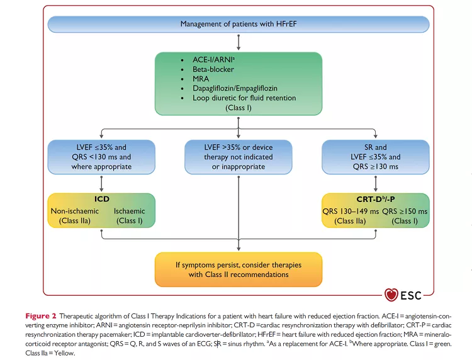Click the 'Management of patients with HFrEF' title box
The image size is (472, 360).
coord(238,25)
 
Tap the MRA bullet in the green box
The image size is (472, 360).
coord(201,79)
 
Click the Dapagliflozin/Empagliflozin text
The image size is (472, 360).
coord(234,89)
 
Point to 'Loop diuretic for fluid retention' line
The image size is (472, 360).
coord(244,98)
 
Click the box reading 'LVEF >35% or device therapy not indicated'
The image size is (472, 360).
coord(238,157)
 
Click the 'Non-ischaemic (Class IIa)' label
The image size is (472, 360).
coord(74,216)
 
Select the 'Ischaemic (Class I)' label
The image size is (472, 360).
coord(129,216)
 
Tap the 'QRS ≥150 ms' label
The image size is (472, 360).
coord(407,216)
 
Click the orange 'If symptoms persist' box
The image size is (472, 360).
coord(238,269)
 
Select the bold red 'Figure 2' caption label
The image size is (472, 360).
coord(41,315)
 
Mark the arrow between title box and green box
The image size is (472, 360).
coord(238,42)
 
